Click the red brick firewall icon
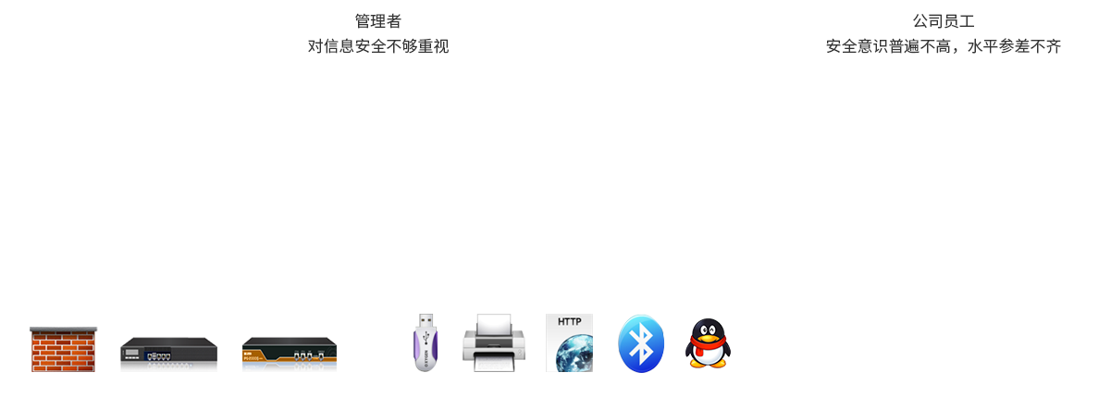coord(64,350)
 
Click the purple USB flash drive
coord(426,342)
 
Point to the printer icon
coord(493,343)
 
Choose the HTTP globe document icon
coord(569,343)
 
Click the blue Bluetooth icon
coord(641,343)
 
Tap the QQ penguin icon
coord(708,343)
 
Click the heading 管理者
coord(378,21)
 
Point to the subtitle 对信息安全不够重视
coord(378,46)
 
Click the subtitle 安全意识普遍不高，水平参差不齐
coord(944,46)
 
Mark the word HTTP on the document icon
coord(569,324)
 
